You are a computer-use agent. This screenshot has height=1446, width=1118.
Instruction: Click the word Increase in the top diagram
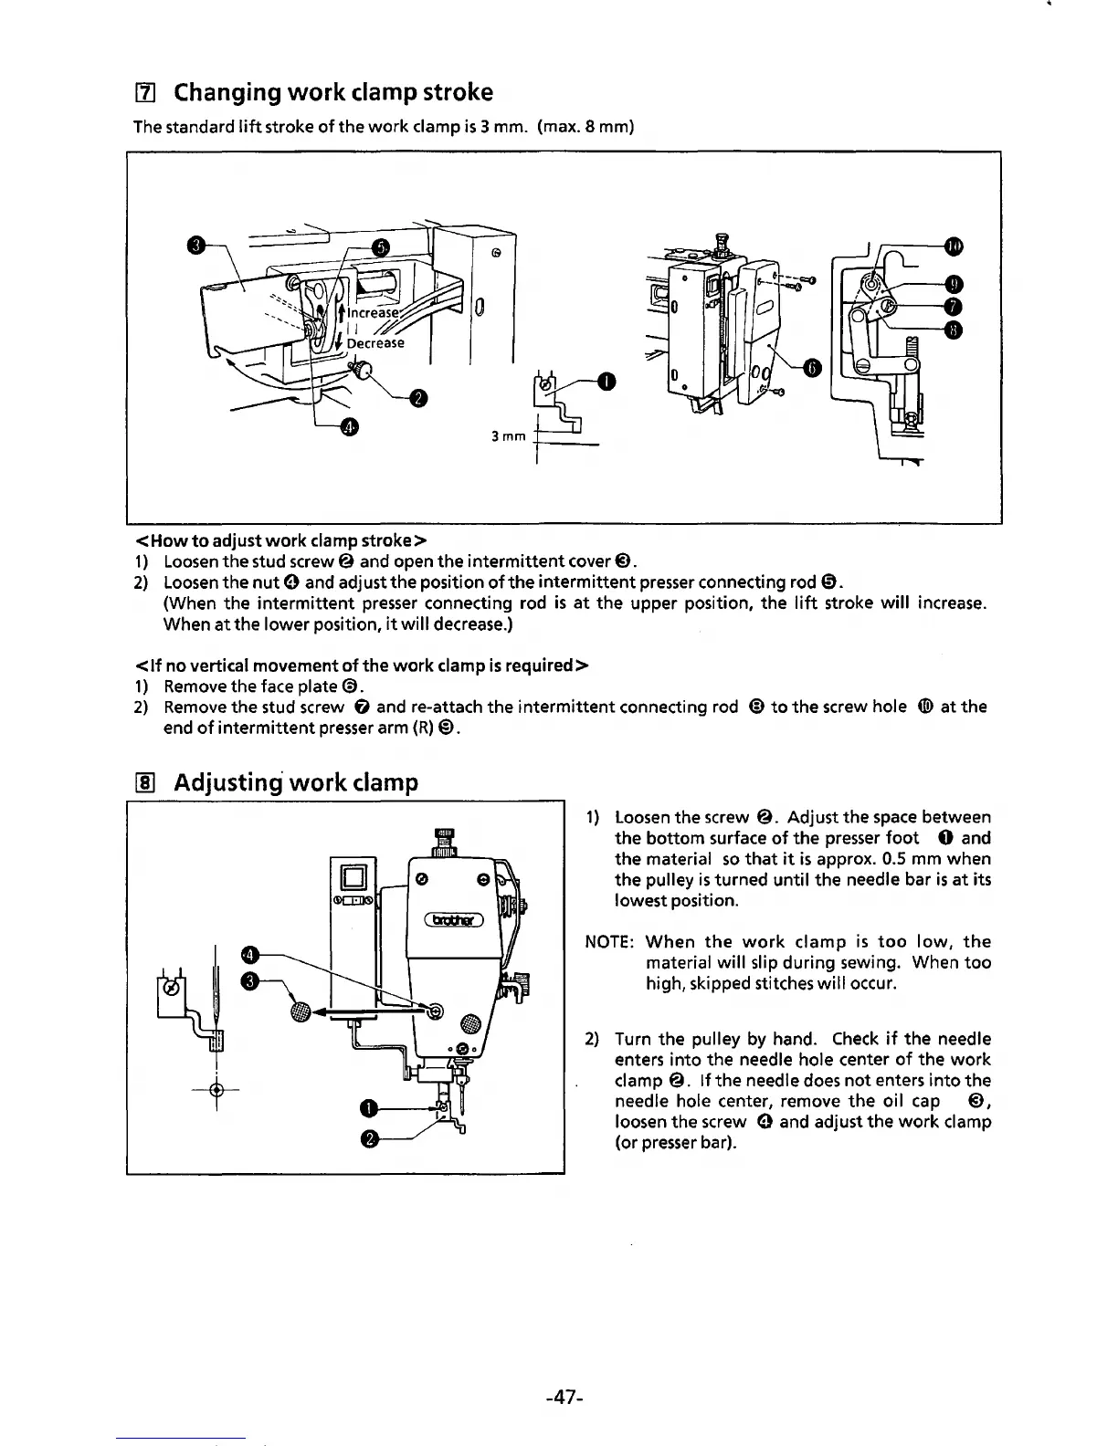tap(374, 312)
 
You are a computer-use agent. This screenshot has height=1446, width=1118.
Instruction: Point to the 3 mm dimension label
tap(507, 437)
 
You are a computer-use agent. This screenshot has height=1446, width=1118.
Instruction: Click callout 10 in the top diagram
tap(954, 246)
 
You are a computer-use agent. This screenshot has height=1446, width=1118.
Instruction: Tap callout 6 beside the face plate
tap(812, 367)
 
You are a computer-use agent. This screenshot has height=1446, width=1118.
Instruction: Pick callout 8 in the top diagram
tap(954, 330)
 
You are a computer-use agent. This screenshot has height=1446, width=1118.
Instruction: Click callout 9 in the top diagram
tap(954, 284)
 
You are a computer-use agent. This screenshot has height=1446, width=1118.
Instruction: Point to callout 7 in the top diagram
tap(954, 306)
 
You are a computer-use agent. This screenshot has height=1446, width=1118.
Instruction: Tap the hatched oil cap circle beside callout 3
tap(300, 1010)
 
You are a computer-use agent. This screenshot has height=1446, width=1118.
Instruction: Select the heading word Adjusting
tap(232, 783)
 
